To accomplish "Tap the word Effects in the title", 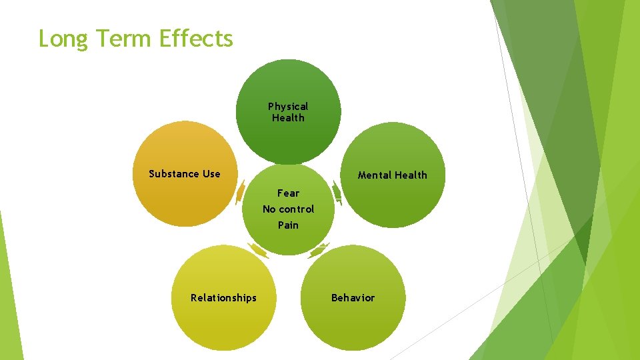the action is [x=197, y=39].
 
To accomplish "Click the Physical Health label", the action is [x=288, y=112].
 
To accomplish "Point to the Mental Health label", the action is [x=392, y=175].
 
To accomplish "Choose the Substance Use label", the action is [x=184, y=174].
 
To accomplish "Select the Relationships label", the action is [x=223, y=298].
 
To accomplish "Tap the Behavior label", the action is [x=353, y=298].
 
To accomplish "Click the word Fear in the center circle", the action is [x=288, y=193].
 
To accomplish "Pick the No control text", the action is [x=288, y=209].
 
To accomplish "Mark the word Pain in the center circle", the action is [x=288, y=225].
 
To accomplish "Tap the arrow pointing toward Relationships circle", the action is [x=258, y=251].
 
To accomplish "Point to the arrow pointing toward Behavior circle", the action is [x=319, y=251].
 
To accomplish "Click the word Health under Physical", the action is [x=288, y=118].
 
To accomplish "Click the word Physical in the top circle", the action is [x=288, y=107].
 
